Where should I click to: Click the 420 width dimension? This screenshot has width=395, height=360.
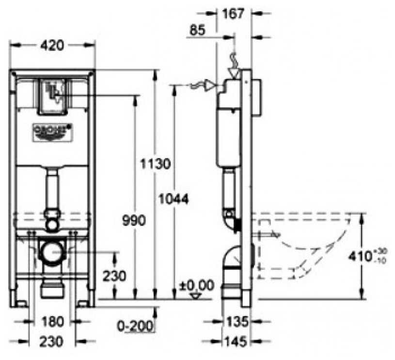coord(51,46)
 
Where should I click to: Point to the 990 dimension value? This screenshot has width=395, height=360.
coord(133,221)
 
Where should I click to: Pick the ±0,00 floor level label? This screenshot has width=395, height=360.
coord(197,285)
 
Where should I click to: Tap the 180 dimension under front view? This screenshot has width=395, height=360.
coord(51,322)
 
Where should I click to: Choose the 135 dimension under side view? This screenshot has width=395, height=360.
coord(237,321)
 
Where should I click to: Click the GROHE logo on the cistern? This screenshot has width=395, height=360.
coord(51,131)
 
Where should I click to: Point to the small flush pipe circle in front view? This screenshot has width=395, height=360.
coord(51,224)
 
